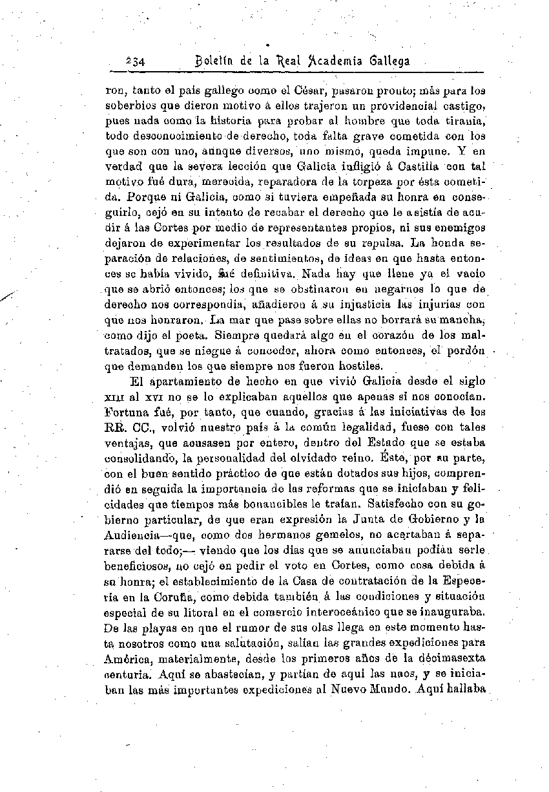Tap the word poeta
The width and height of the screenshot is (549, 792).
click(194, 335)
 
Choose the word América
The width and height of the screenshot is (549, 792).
click(127, 658)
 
